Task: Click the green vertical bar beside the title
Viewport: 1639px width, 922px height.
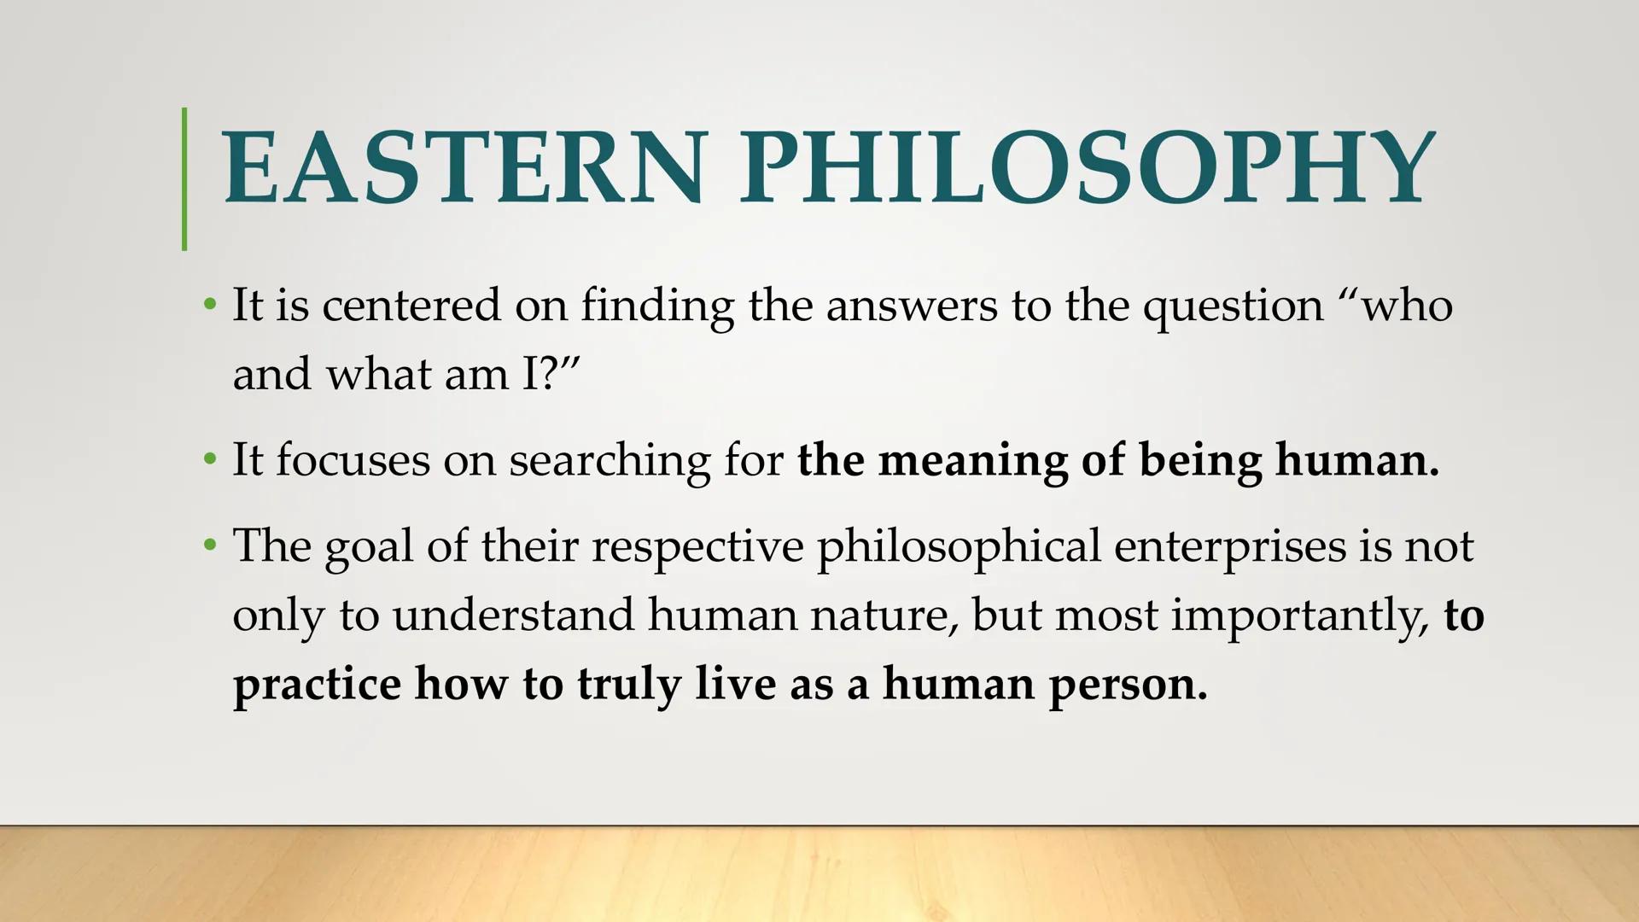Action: point(184,179)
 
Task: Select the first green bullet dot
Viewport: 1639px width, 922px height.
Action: point(210,305)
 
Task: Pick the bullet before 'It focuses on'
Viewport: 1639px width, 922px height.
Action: point(210,459)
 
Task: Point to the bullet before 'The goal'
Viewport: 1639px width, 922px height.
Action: point(210,545)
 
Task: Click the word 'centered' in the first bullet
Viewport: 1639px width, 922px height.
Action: point(411,305)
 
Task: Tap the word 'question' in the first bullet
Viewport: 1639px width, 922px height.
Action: point(1233,306)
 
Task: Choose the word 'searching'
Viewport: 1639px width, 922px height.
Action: point(610,461)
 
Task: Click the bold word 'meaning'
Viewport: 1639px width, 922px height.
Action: point(972,461)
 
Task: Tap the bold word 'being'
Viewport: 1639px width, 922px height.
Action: point(1199,461)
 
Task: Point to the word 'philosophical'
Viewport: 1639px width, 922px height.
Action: point(959,547)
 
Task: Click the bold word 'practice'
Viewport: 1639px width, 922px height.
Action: point(317,685)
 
